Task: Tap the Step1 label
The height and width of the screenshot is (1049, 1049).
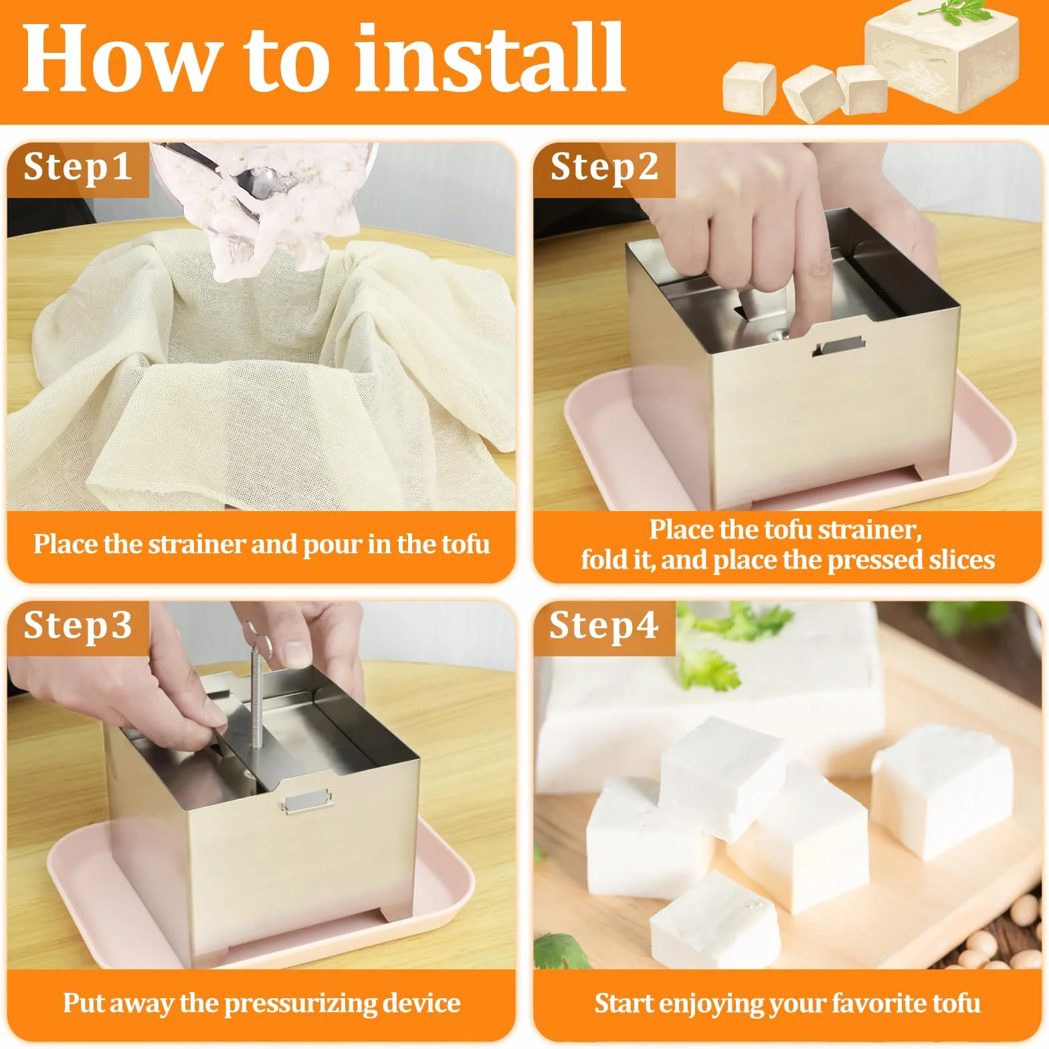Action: [x=78, y=167]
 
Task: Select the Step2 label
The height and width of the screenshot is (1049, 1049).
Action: [x=604, y=167]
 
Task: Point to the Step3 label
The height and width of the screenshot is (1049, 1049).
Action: [x=78, y=626]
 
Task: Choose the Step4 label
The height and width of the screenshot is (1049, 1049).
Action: [x=603, y=626]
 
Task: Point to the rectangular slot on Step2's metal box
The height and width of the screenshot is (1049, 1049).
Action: [x=838, y=346]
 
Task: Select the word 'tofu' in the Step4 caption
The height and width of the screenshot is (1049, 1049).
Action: [x=957, y=1004]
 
